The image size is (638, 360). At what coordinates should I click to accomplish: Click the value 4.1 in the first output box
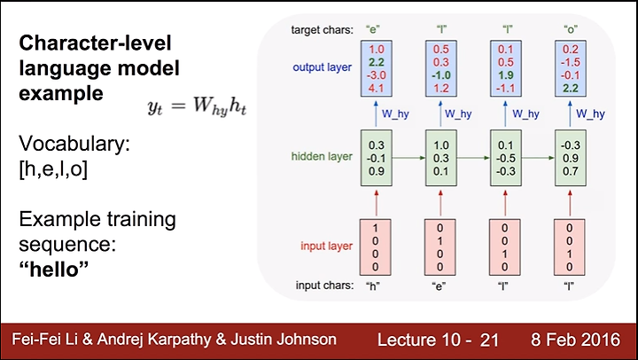coord(377,88)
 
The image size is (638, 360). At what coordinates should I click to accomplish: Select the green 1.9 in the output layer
coord(506,75)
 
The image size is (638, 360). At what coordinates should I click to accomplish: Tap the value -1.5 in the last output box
coord(570,62)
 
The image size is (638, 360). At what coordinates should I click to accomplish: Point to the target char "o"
coord(571,29)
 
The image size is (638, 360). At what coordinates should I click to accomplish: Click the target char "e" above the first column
coord(373,29)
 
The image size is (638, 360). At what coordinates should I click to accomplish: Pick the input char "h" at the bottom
coord(373,286)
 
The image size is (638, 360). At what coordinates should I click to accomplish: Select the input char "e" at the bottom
coord(439,286)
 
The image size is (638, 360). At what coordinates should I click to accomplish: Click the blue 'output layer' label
coord(323,67)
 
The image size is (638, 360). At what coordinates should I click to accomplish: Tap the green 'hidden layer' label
coord(322,156)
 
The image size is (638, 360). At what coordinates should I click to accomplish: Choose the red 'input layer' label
coord(326,246)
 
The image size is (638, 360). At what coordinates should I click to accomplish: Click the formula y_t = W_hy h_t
coord(197,106)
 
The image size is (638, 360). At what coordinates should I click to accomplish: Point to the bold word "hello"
coord(54,270)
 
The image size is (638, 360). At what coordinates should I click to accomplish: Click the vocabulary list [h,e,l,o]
coord(53,169)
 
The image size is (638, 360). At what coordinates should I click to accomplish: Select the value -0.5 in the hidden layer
coord(506,159)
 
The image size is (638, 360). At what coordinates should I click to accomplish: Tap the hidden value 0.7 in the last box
coord(571,171)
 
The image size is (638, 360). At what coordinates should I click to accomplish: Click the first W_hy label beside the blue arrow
coord(395,114)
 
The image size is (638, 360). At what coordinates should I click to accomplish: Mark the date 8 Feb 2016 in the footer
coord(575,340)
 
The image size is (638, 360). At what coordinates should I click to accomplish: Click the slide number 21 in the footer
coord(489,340)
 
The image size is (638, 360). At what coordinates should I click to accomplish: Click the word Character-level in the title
coord(95,43)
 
